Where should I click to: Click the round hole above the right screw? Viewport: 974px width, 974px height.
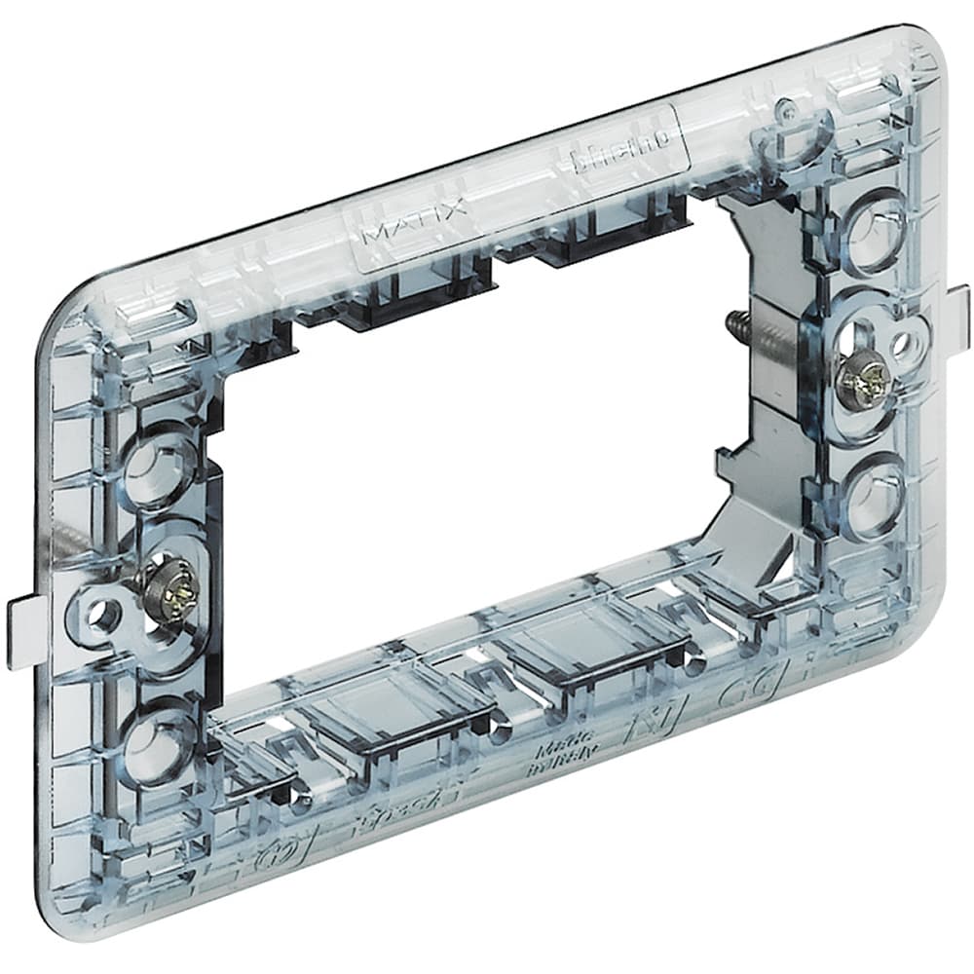pos(869,232)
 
